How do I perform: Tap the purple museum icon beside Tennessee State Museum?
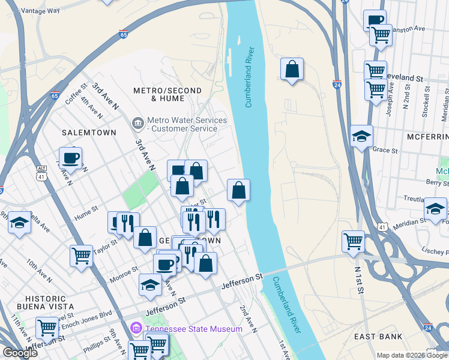[136, 329]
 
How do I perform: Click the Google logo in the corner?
[20, 353]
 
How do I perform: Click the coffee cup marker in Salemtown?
[70, 158]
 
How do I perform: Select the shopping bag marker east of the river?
[292, 70]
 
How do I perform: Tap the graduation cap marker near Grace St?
[361, 136]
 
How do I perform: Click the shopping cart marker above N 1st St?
[353, 241]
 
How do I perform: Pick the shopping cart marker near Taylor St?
[81, 256]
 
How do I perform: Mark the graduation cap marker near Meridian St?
[435, 209]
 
